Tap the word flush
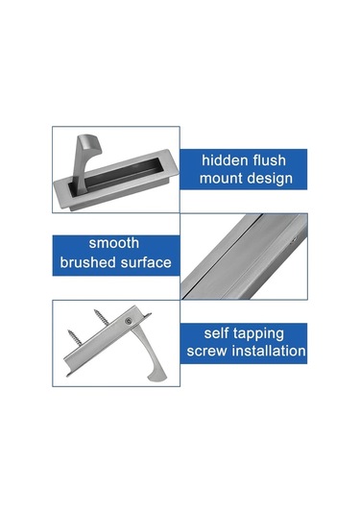pos(281,159)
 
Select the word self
pos(220,332)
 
